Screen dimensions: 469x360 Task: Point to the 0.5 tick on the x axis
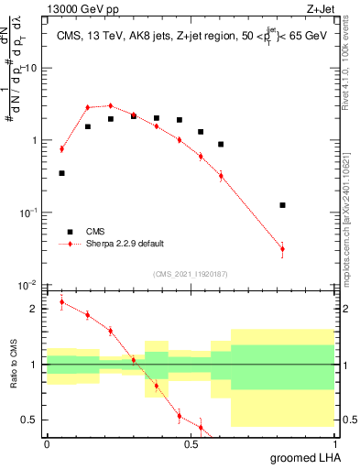(191, 443)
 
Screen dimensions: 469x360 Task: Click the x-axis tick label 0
(47, 443)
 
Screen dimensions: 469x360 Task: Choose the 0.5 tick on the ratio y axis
(30, 420)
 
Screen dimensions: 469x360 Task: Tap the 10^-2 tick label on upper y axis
(27, 285)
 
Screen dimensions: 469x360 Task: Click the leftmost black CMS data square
(61, 173)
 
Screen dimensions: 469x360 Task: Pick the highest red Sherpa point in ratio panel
(61, 302)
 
